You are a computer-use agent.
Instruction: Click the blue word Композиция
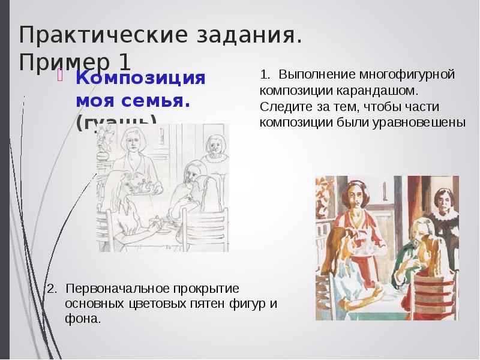(140, 79)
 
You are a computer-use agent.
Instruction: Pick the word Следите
(281, 107)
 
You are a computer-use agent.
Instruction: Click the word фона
(82, 319)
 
